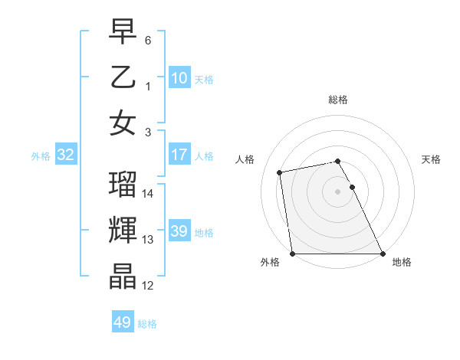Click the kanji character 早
(x=123, y=33)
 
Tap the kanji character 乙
(x=123, y=77)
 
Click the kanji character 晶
(x=123, y=277)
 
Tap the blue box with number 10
(x=179, y=77)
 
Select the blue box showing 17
(x=179, y=155)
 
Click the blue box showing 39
(x=179, y=231)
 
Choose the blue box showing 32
(x=66, y=155)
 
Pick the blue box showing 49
(x=122, y=322)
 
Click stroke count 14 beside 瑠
(x=148, y=194)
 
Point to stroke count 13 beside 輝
(x=148, y=239)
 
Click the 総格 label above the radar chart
(x=338, y=100)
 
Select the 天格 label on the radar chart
(x=431, y=159)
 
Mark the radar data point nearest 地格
(x=383, y=254)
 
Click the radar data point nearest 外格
(x=293, y=254)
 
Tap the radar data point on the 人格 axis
(x=281, y=172)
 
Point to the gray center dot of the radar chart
(x=338, y=191)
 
